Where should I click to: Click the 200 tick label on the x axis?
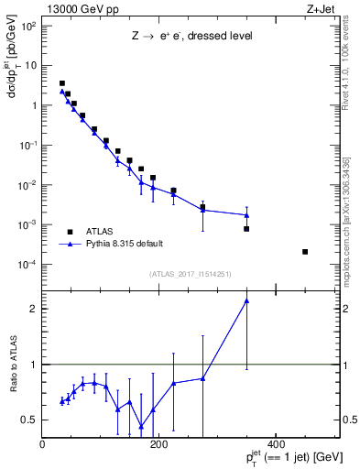[x=158, y=444]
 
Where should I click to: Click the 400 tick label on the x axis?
[x=276, y=444]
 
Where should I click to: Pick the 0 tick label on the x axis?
[x=42, y=444]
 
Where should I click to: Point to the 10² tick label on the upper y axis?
[x=28, y=26]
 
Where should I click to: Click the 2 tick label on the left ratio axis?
[x=34, y=309]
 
